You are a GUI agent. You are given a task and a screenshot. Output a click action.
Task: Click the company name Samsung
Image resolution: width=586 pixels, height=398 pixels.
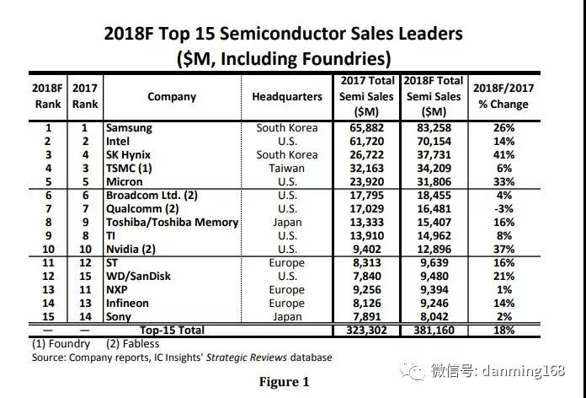[x=129, y=127]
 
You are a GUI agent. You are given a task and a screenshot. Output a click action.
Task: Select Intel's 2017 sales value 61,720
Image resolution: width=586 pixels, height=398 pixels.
[x=366, y=141]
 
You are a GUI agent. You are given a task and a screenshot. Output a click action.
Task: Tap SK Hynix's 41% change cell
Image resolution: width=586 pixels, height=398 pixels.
[x=502, y=155]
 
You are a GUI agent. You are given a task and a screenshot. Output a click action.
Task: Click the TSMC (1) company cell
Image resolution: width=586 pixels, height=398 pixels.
[x=133, y=169]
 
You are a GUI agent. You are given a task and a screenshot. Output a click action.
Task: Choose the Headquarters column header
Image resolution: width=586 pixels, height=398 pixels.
[x=287, y=96]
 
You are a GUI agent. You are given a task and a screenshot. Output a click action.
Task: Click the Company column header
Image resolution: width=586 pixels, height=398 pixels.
[x=172, y=96]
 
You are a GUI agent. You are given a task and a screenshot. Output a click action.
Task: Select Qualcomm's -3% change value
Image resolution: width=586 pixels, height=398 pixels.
[x=502, y=208]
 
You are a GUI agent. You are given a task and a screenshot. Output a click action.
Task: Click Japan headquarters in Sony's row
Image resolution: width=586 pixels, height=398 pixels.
[x=287, y=317]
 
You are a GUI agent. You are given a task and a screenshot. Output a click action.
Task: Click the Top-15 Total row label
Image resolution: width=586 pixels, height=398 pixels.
[x=172, y=331]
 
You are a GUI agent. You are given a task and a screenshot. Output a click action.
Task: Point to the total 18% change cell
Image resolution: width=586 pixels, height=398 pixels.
[x=502, y=331]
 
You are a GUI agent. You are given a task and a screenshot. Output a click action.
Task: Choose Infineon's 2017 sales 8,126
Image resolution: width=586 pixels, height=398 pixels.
[x=366, y=304]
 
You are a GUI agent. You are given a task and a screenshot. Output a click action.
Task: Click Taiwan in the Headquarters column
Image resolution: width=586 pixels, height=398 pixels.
[x=287, y=169]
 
